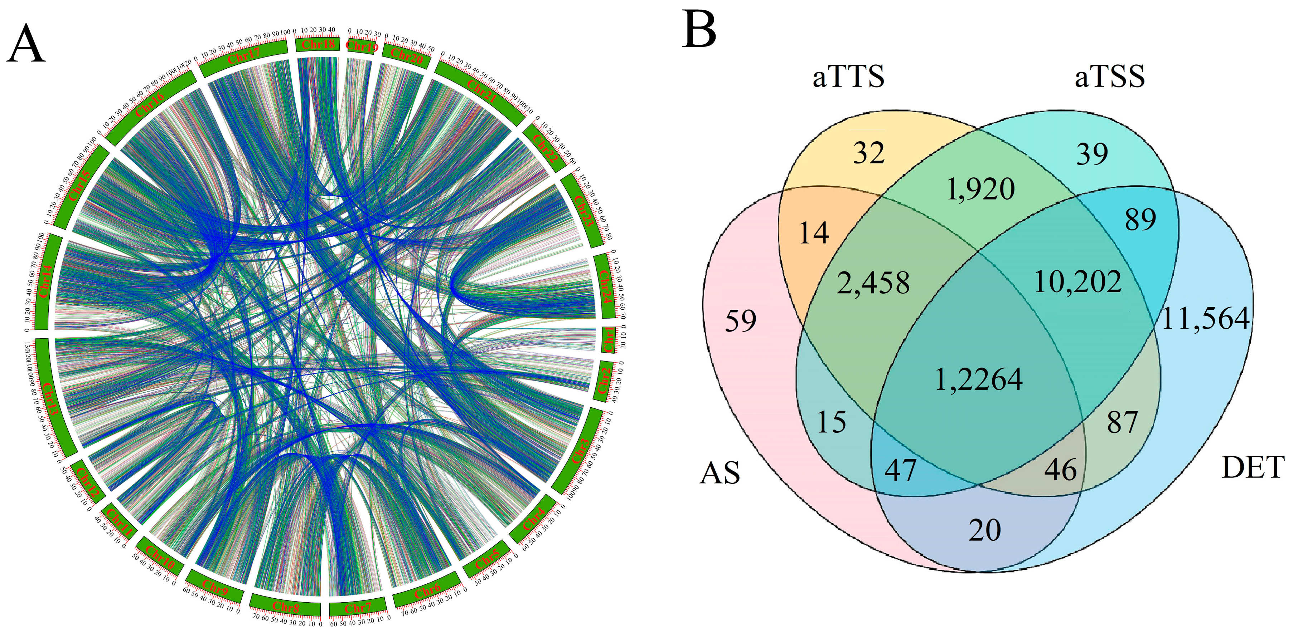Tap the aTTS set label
[x=848, y=77]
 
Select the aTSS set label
[x=1110, y=77]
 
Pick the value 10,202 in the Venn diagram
[x=1077, y=282]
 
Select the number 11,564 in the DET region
[x=1205, y=319]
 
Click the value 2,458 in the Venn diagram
[x=873, y=283]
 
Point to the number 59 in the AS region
[x=741, y=321]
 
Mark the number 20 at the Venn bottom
[x=984, y=530]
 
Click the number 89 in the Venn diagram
[x=1140, y=219]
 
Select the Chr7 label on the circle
[x=358, y=608]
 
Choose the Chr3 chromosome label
[x=581, y=451]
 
